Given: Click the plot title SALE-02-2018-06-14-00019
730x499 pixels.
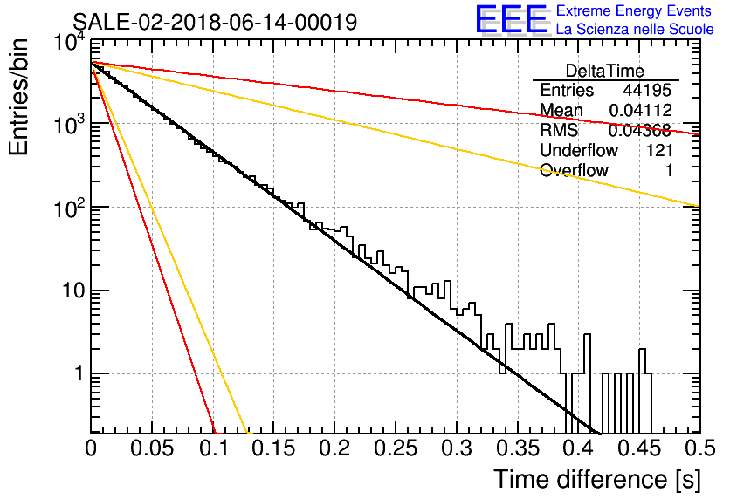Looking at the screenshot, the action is [215, 22].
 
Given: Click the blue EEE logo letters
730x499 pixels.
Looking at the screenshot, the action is [511, 19].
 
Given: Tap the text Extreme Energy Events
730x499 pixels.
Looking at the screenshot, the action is [634, 10].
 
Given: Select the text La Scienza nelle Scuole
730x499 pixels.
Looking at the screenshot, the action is [635, 30].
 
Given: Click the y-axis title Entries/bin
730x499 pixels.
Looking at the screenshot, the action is [18, 97].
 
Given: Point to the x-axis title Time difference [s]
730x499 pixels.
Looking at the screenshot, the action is [597, 480].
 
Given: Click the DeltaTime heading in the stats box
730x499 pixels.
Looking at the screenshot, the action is [605, 71].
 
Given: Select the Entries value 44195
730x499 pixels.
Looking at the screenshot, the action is [647, 90].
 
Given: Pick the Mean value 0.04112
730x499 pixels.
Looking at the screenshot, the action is [641, 110].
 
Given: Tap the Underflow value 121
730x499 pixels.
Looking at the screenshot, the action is [659, 150].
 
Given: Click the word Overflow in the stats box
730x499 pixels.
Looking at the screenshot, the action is [574, 170].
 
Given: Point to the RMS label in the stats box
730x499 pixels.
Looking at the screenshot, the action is [559, 130].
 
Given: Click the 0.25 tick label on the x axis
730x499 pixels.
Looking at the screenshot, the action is [396, 448].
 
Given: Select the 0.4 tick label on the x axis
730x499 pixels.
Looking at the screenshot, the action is [578, 448].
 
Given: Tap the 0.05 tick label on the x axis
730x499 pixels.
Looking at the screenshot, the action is [152, 448].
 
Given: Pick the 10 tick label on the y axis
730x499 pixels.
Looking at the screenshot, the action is [73, 291].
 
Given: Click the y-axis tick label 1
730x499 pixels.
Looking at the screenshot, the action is [79, 373].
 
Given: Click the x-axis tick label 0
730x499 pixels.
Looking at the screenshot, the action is [91, 448].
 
